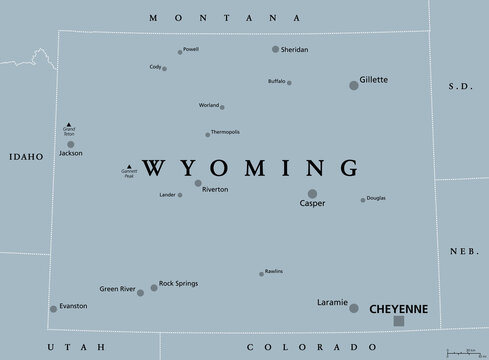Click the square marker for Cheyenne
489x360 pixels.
tap(400, 321)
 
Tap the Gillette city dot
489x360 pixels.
tap(353, 86)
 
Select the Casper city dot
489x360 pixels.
tap(312, 194)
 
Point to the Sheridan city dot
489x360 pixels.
tap(276, 49)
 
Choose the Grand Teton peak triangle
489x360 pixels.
tap(68, 125)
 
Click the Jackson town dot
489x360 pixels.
tap(70, 145)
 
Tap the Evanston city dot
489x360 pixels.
tap(53, 309)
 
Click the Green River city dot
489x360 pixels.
tap(141, 293)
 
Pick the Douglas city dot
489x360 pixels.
tap(363, 200)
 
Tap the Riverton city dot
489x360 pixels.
tap(198, 183)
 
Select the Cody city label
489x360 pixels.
tap(155, 66)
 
